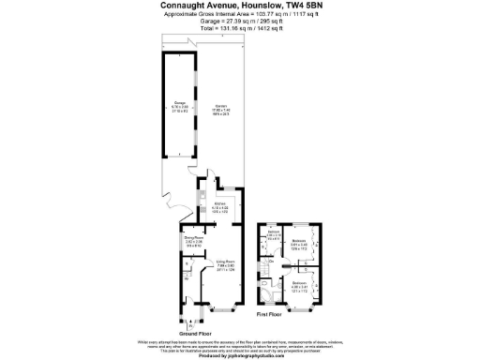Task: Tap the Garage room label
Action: point(179,103)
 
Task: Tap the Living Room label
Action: point(225,262)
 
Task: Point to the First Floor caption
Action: point(270,316)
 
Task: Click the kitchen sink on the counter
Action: point(200,196)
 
